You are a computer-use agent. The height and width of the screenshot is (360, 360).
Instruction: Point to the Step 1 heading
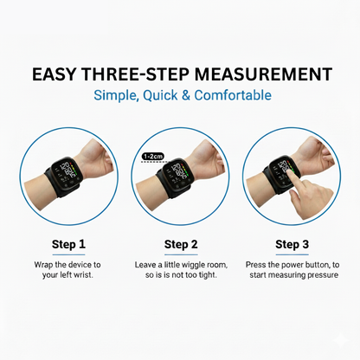67,244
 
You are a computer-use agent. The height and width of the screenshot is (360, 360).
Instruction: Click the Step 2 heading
181,244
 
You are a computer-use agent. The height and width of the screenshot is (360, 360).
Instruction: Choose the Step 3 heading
292,244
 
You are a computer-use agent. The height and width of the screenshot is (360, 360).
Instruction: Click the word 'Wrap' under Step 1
43,263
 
